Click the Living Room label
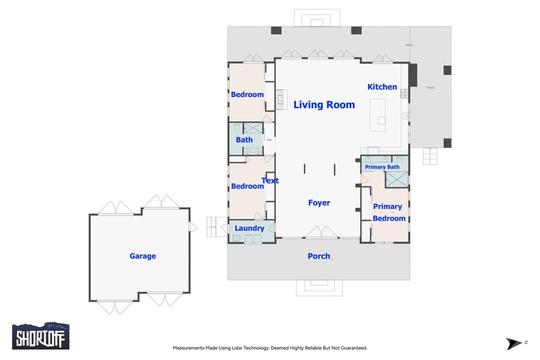pyautogui.click(x=324, y=105)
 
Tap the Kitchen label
pyautogui.click(x=382, y=87)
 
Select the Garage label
pyautogui.click(x=143, y=256)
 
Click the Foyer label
pyautogui.click(x=319, y=203)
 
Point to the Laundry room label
pyautogui.click(x=250, y=229)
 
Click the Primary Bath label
pyautogui.click(x=382, y=167)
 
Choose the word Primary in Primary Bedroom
pyautogui.click(x=388, y=206)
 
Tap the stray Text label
pyautogui.click(x=271, y=181)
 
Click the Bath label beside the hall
pyautogui.click(x=244, y=140)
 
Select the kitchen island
pyautogui.click(x=379, y=115)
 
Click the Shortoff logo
pyautogui.click(x=41, y=336)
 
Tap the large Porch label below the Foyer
pyautogui.click(x=319, y=256)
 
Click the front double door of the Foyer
pyautogui.click(x=322, y=233)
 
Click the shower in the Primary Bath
pyautogui.click(x=396, y=179)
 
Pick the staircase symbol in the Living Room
pyautogui.click(x=281, y=100)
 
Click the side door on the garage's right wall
pyautogui.click(x=193, y=227)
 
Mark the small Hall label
pyautogui.click(x=269, y=140)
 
